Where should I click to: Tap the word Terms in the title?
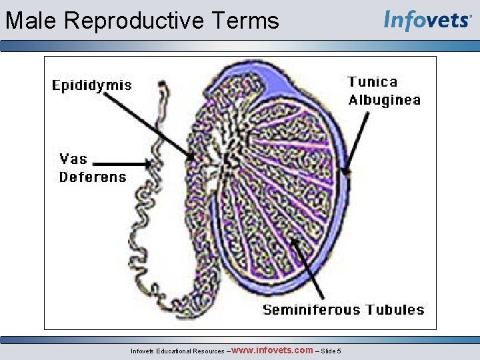pyautogui.click(x=251, y=21)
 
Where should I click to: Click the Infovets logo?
pyautogui.click(x=427, y=20)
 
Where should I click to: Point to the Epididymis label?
pyautogui.click(x=92, y=85)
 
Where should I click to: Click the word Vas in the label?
pyautogui.click(x=73, y=159)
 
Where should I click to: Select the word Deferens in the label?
pyautogui.click(x=93, y=177)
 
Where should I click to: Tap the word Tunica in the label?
pyautogui.click(x=373, y=82)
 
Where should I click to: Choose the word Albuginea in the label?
pyautogui.click(x=385, y=101)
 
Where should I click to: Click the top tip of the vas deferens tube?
pyautogui.click(x=162, y=84)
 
